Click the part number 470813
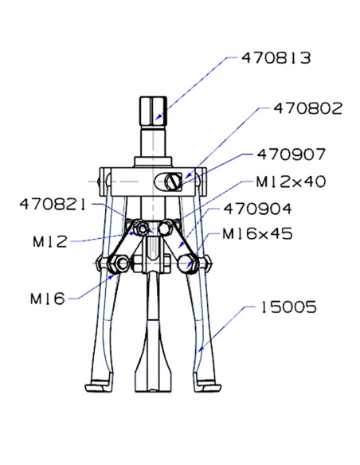coord(276,58)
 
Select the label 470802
coord(307,108)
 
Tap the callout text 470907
coord(292,154)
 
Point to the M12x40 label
coord(291,182)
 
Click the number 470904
coord(257,209)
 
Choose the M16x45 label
coord(257,233)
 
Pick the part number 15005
coord(288,307)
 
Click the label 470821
coord(53,205)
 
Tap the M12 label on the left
coord(50,241)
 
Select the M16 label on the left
coord(48,299)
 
